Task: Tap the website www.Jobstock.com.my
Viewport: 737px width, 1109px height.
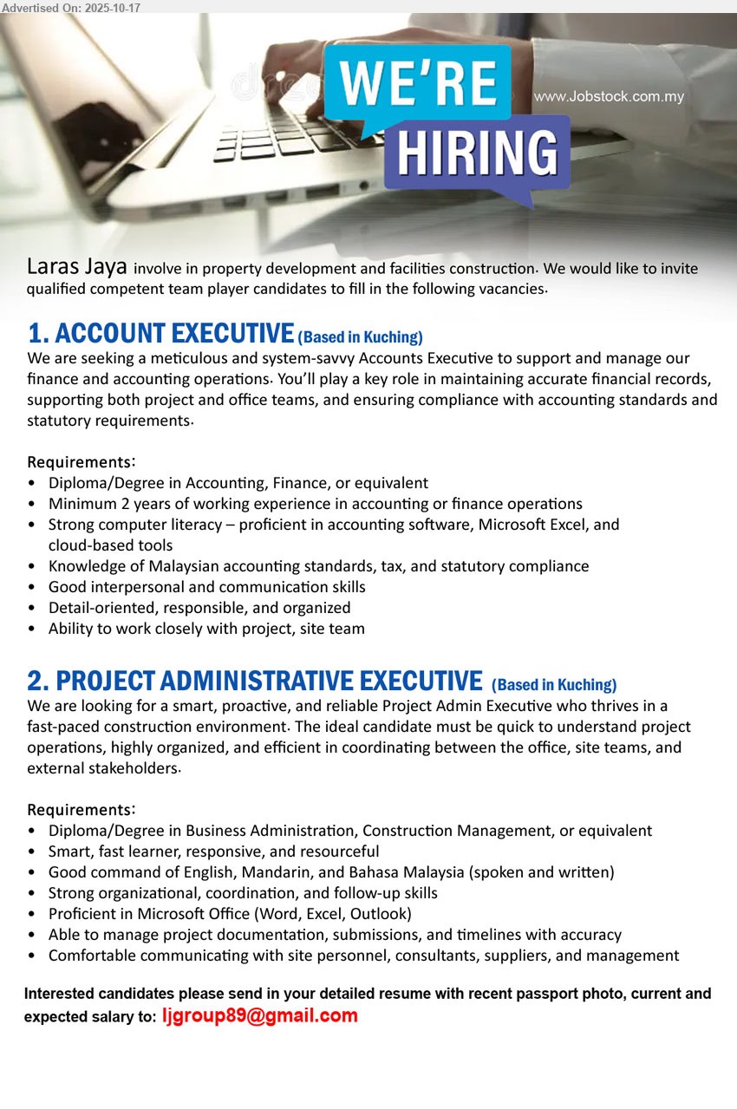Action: [x=609, y=96]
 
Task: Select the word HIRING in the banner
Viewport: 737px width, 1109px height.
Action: [x=477, y=154]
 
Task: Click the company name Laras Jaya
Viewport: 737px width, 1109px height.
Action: [x=77, y=265]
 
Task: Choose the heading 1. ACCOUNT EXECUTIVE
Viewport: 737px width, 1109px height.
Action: [x=160, y=334]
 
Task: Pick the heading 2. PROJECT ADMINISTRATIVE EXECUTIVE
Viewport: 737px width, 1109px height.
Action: [x=255, y=682]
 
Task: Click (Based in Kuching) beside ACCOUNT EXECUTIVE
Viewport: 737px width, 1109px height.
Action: [x=360, y=337]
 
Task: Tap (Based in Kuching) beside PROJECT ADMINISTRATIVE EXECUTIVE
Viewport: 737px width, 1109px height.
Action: [x=554, y=685]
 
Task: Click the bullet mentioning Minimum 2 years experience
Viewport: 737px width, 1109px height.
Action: [x=316, y=504]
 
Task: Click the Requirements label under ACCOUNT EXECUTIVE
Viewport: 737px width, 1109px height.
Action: [x=81, y=462]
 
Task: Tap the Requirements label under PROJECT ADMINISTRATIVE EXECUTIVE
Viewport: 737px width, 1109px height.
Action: [x=81, y=810]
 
